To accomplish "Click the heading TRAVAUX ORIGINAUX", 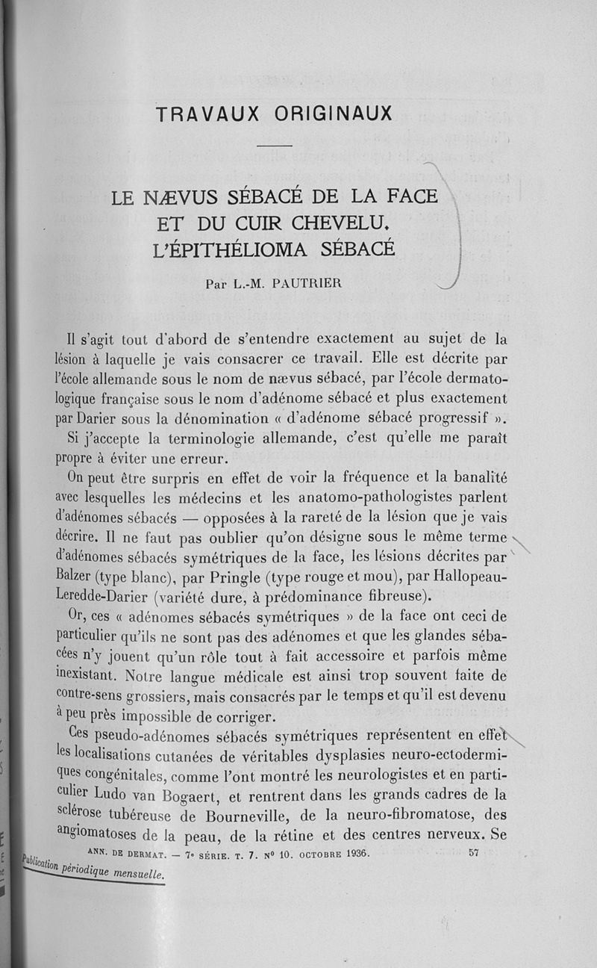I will pos(274,114).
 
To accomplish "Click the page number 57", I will pos(474,854).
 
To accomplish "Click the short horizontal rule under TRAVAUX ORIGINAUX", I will pos(277,146).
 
